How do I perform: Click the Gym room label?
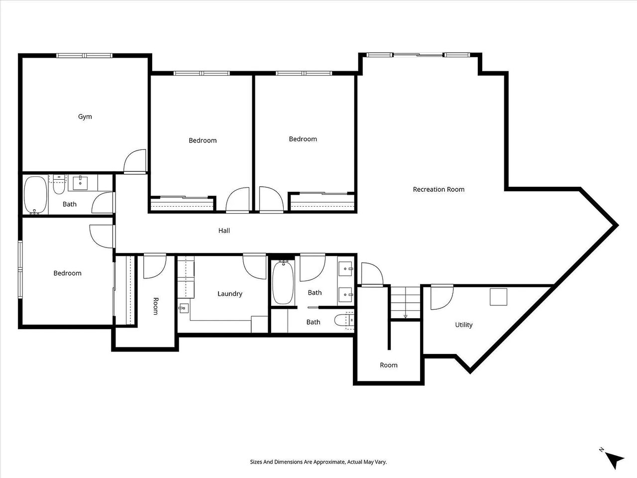(85, 117)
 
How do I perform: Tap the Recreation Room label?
(438, 189)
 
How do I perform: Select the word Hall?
(224, 231)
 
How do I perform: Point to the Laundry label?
(230, 294)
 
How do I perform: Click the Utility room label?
(464, 325)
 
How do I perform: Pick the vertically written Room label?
(156, 306)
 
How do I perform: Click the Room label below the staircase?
(389, 365)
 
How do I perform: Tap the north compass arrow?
(616, 459)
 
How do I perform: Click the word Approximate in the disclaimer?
(327, 462)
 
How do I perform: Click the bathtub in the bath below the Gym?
(35, 195)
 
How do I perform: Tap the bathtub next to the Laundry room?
(283, 283)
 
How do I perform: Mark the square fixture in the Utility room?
(499, 297)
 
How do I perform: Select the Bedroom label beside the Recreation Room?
(303, 139)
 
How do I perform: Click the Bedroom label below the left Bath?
(67, 273)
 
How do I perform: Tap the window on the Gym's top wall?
(85, 55)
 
